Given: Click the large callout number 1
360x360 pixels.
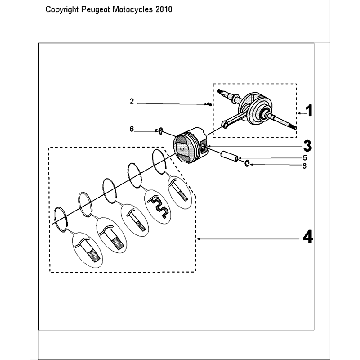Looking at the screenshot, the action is pos(310,111).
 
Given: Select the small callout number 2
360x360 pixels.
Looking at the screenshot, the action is pos(132,102).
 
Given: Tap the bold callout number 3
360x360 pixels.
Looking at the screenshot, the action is pos(308,146).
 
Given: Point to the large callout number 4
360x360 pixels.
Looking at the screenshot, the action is pos(308,238).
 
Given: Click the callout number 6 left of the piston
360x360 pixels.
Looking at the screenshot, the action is pos(132,129).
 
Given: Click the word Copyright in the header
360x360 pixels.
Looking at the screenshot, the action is pos(62,10).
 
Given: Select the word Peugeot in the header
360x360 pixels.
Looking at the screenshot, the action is pos(96,10).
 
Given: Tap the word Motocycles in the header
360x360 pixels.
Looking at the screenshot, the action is pos(133,9).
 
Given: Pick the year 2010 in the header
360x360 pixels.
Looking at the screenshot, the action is pos(163,9).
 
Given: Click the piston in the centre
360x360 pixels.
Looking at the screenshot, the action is pos(191,146).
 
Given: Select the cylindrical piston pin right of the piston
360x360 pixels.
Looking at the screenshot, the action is pos(229,156).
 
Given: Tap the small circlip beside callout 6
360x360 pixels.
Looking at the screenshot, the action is pos(160,131).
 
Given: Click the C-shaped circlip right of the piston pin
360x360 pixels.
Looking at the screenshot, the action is pos(247,163).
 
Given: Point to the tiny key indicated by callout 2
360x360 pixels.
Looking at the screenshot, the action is pos(209,105).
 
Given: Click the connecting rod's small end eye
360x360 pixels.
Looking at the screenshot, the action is pos(224,125).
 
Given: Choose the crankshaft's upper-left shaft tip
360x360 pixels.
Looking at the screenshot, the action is pos(219,91).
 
